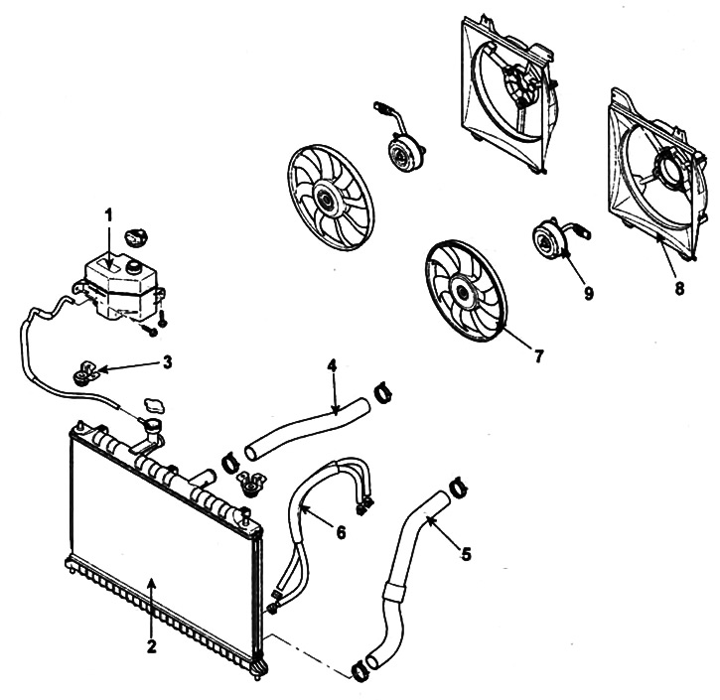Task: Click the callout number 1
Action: pyautogui.click(x=109, y=214)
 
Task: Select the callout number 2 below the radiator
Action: pyautogui.click(x=152, y=646)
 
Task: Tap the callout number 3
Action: pyautogui.click(x=168, y=361)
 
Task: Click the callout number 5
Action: pyautogui.click(x=466, y=554)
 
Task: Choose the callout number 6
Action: pyautogui.click(x=341, y=532)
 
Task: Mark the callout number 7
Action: pyautogui.click(x=538, y=355)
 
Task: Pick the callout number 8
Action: pyautogui.click(x=679, y=288)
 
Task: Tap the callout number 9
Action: pyautogui.click(x=589, y=292)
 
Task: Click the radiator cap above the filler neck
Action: pyautogui.click(x=155, y=405)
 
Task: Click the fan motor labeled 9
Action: pyautogui.click(x=549, y=238)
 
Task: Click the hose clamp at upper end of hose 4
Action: pyautogui.click(x=383, y=393)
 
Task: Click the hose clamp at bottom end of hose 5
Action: pyautogui.click(x=360, y=671)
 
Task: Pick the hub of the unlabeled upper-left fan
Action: pyautogui.click(x=327, y=200)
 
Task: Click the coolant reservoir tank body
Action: pyautogui.click(x=122, y=288)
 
